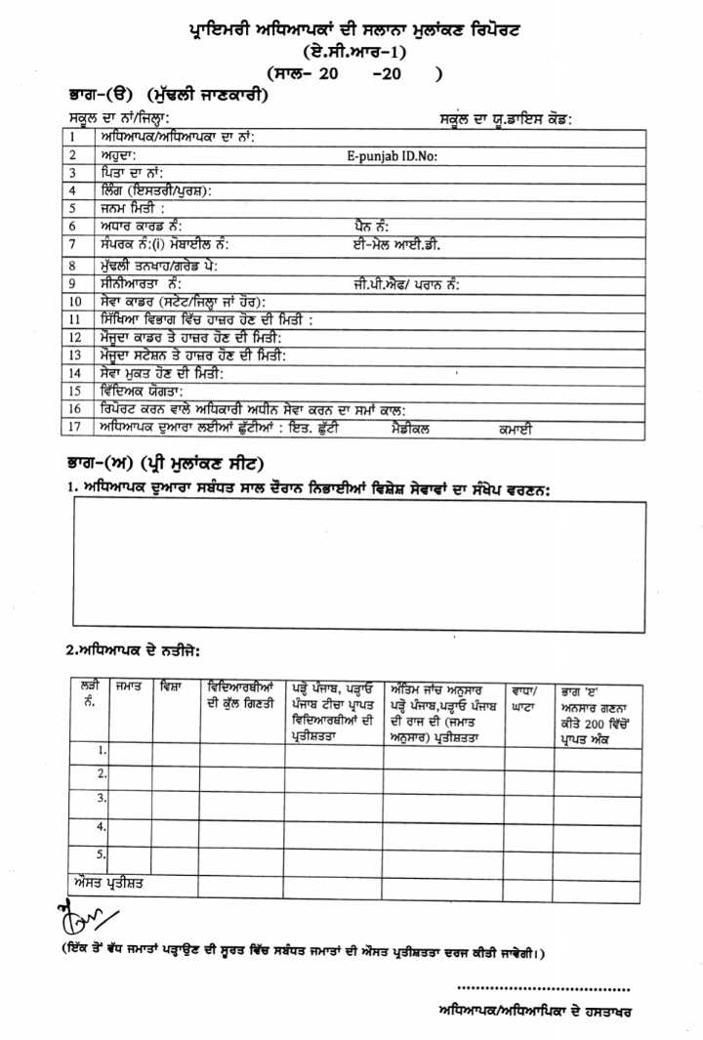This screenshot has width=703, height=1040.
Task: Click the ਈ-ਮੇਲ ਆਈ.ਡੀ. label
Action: click(397, 245)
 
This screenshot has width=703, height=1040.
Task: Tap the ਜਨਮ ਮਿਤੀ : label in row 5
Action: click(131, 208)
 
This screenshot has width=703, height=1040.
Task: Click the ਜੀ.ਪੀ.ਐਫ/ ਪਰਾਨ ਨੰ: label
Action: click(406, 283)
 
